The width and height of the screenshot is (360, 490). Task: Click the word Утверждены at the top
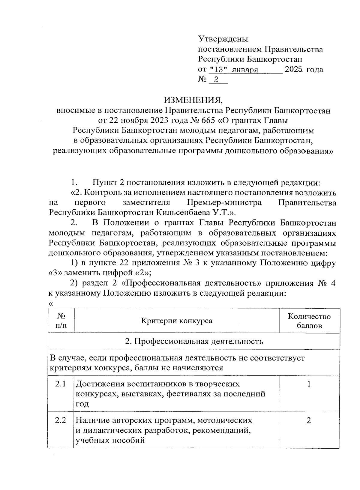tap(223, 39)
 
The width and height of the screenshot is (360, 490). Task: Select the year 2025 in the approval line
tap(294, 70)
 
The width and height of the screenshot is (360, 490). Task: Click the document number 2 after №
tap(216, 80)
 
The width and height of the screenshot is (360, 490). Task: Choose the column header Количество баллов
tap(309, 321)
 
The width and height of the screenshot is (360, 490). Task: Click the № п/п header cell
tap(61, 321)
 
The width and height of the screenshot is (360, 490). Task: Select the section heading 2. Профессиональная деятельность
tap(194, 341)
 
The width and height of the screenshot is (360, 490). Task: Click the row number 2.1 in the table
tap(60, 384)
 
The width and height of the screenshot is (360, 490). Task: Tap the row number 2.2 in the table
tap(60, 420)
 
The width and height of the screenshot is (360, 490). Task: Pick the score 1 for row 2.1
tap(309, 384)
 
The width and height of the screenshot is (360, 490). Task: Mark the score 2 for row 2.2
tap(309, 420)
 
